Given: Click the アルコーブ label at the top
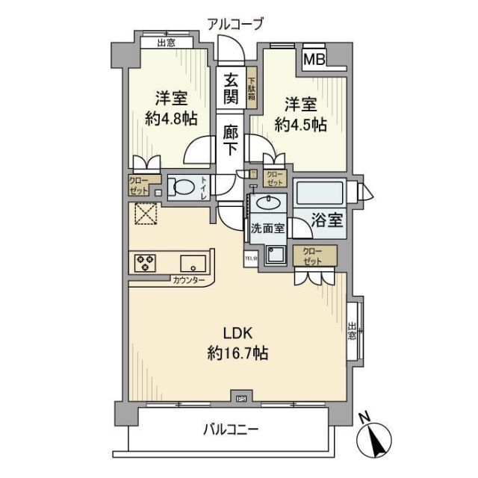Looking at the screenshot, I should coord(236,24).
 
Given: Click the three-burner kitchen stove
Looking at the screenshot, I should coord(145,263).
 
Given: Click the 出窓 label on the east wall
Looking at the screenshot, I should coord(352,330).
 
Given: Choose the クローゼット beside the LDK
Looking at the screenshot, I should coord(313,258).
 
